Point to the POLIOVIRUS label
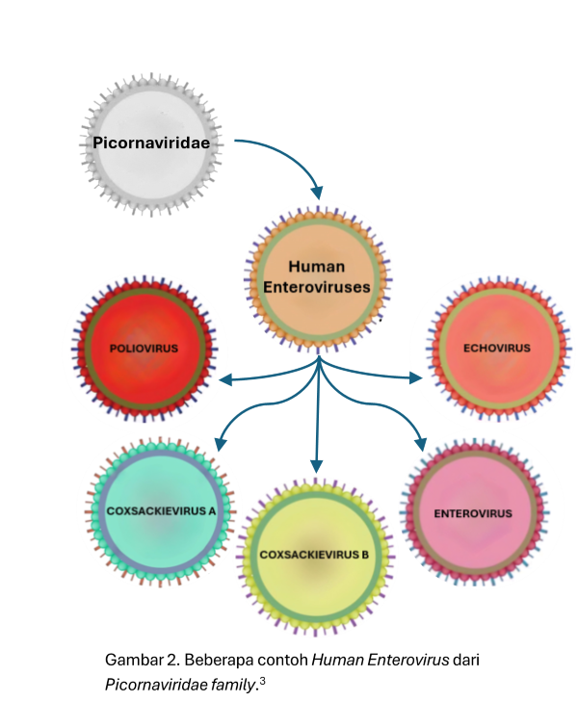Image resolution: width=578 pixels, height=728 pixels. [x=144, y=348]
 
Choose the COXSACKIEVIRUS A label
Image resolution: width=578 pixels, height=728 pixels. [x=160, y=510]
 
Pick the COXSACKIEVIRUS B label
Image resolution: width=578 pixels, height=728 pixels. [x=315, y=555]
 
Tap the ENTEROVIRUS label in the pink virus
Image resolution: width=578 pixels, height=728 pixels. [x=473, y=513]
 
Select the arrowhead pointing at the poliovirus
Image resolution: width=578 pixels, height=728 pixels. [x=227, y=380]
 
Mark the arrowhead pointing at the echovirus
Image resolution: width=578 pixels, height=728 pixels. [x=416, y=377]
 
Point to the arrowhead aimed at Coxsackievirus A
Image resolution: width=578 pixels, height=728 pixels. [x=220, y=445]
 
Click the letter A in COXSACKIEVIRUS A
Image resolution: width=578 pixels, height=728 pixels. [x=212, y=510]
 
